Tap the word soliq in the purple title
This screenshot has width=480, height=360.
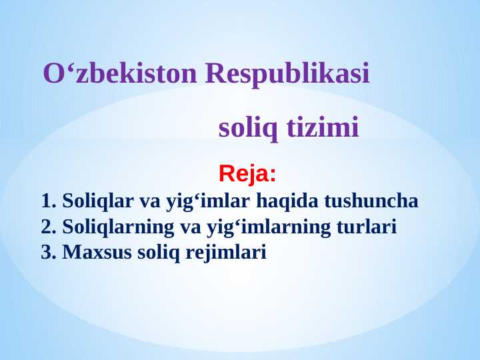point(249,127)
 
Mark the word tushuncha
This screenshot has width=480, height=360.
point(366,201)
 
